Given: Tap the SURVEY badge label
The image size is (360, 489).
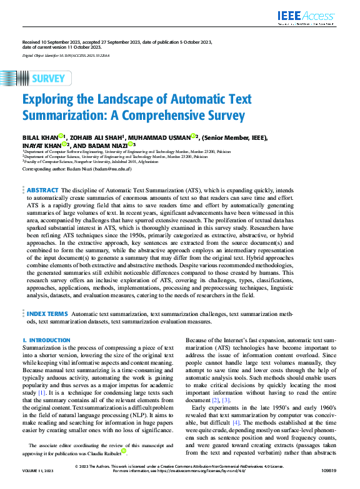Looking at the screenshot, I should pos(47,78).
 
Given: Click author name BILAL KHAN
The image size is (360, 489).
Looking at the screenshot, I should pos(40,137).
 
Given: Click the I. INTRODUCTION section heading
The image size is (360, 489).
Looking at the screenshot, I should pos(46,340).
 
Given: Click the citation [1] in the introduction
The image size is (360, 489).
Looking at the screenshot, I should pos(41,393).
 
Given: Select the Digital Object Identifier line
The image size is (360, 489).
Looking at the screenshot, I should pos(66,56).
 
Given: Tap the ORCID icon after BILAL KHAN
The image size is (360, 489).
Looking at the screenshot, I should pos(61,136).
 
